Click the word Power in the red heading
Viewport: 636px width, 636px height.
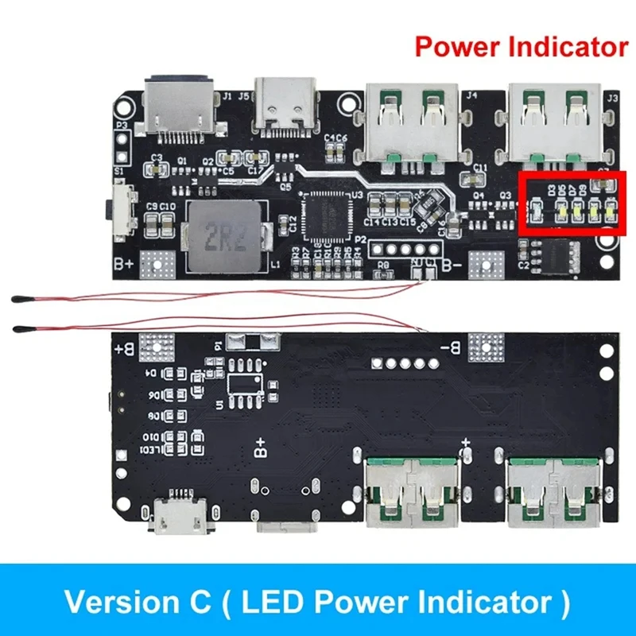pyautogui.click(x=461, y=47)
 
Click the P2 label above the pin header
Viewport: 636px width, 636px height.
pyautogui.click(x=360, y=238)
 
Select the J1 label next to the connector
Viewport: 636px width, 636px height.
pyautogui.click(x=227, y=97)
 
